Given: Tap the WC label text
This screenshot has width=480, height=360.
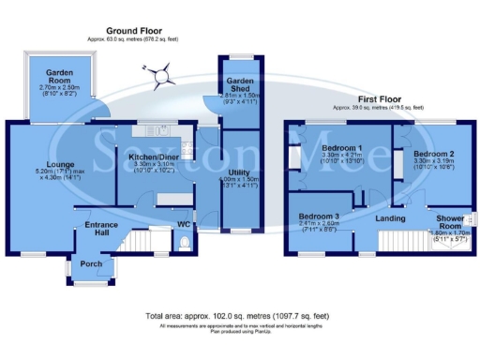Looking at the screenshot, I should [183, 225].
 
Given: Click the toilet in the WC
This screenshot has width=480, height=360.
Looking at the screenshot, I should [185, 244].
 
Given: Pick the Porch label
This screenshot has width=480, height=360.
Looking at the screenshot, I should [92, 264].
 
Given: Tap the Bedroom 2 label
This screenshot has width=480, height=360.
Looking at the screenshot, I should [434, 153].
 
